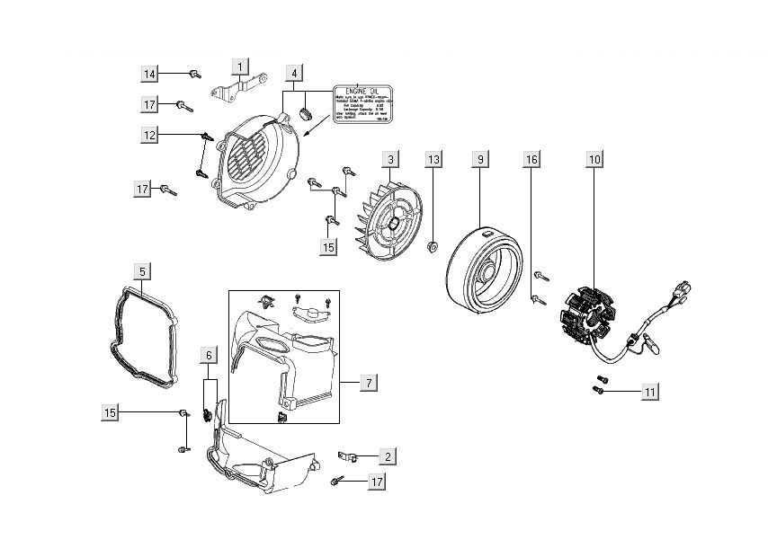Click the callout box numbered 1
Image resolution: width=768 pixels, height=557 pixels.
pyautogui.click(x=238, y=66)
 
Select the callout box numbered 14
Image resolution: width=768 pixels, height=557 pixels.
pyautogui.click(x=149, y=73)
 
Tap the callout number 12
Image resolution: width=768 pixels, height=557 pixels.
pyautogui.click(x=149, y=135)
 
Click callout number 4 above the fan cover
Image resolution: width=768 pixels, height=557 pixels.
pyautogui.click(x=295, y=73)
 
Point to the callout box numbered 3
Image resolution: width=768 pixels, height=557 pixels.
pyautogui.click(x=389, y=160)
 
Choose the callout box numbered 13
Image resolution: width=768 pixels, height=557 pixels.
pyautogui.click(x=433, y=160)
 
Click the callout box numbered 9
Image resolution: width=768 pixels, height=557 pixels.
pyautogui.click(x=480, y=160)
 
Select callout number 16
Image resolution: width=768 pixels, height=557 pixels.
pyautogui.click(x=531, y=160)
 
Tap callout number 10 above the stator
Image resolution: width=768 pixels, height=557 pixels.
pyautogui.click(x=594, y=160)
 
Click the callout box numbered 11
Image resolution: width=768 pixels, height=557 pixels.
pyautogui.click(x=650, y=392)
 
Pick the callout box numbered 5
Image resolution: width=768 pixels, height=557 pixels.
pyautogui.click(x=143, y=270)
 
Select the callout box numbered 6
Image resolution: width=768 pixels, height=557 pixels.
pyautogui.click(x=209, y=356)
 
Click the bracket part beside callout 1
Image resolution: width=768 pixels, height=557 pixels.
pyautogui.click(x=236, y=89)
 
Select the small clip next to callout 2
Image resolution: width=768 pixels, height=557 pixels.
pyautogui.click(x=350, y=456)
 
